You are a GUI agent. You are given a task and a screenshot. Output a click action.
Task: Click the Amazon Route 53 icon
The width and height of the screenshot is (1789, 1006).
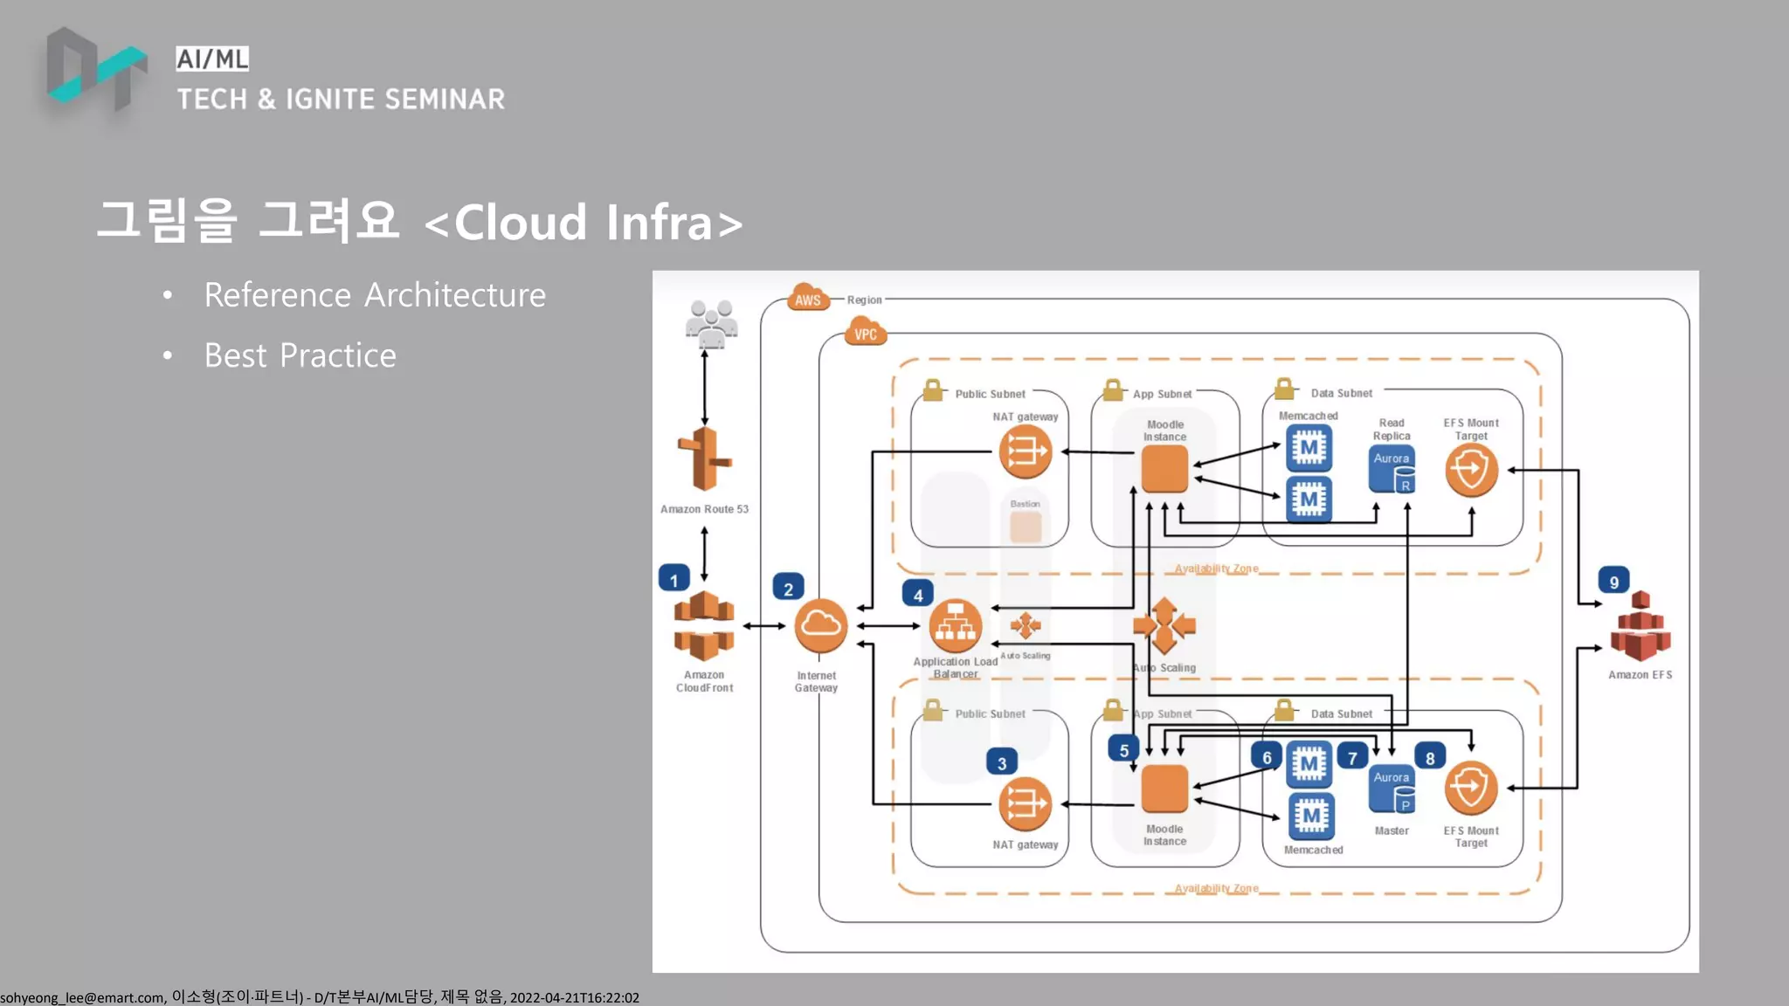pos(704,459)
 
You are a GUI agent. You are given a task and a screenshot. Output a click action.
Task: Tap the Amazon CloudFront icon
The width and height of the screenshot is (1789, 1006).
pos(704,626)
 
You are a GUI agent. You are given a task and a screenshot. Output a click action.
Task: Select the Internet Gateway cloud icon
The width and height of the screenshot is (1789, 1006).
pos(820,625)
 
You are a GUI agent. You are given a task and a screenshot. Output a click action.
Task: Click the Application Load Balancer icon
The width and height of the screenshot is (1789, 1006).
pos(955,625)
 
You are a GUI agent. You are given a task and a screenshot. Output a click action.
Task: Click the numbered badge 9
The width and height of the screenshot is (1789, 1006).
pos(1613,581)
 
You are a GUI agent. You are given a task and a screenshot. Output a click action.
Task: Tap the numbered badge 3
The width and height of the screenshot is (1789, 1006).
pos(1002,762)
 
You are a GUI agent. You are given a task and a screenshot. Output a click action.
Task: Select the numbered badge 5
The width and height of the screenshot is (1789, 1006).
pos(1123,749)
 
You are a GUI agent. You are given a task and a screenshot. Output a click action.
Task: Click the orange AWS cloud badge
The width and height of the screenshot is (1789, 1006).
pos(808,299)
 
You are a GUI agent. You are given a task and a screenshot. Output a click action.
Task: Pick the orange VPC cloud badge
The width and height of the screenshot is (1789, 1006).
pos(865,333)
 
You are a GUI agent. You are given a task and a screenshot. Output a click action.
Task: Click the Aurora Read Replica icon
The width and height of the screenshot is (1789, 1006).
pos(1392,470)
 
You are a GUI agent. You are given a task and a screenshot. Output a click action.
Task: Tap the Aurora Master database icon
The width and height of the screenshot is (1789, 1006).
pos(1392,789)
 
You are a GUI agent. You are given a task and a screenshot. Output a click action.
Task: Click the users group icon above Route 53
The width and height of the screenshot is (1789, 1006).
pos(711,324)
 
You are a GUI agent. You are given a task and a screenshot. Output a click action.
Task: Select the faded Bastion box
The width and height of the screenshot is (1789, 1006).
pos(1026,527)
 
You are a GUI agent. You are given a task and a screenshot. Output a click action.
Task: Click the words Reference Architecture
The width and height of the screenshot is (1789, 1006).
pos(375,295)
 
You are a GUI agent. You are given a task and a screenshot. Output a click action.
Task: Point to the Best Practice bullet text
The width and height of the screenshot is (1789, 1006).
pos(300,355)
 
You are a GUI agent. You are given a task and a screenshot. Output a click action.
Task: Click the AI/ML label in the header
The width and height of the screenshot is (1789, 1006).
pos(212,59)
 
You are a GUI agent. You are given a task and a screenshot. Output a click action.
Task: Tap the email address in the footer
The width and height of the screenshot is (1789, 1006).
pos(82,997)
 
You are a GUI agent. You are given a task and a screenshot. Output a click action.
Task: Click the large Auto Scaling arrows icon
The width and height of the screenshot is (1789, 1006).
pos(1164,625)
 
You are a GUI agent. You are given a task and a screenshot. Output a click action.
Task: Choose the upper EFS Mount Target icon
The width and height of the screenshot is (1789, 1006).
pos(1471,470)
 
